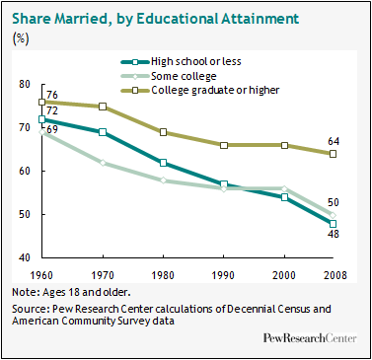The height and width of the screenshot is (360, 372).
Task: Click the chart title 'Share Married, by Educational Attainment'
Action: click(155, 19)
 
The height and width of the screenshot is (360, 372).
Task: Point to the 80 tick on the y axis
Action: click(24, 85)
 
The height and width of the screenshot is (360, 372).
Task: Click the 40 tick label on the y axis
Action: click(24, 257)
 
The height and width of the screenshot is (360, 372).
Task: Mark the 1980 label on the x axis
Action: click(163, 275)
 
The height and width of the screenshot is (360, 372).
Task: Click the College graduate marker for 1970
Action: click(103, 107)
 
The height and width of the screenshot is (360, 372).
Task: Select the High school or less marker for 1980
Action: click(163, 163)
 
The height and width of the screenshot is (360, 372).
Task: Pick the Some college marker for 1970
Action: click(103, 163)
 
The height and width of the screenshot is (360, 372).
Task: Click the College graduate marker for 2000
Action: click(284, 145)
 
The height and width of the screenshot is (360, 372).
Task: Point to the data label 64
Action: click(334, 142)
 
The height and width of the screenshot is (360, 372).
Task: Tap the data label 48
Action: click(333, 234)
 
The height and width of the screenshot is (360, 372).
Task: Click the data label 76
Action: click(51, 95)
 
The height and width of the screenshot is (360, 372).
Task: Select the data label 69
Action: click(51, 129)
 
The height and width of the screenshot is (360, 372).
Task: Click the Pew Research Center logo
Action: click(310, 338)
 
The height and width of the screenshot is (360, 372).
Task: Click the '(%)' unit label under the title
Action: click(21, 38)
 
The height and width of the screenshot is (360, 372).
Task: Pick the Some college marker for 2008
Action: click(333, 215)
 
